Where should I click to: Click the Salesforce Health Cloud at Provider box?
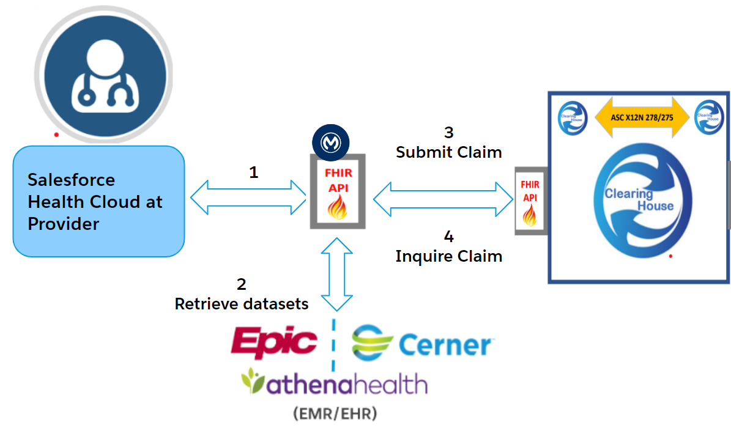click(x=98, y=201)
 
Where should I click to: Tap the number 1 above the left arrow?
click(x=253, y=172)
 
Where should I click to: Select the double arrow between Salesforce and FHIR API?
click(x=248, y=197)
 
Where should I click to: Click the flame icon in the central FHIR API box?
click(x=337, y=208)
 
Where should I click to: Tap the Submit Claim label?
click(x=448, y=152)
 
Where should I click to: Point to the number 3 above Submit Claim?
click(x=448, y=132)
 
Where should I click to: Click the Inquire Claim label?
click(x=448, y=256)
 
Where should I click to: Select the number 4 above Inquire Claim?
click(x=448, y=237)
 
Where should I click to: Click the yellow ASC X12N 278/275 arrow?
click(x=641, y=116)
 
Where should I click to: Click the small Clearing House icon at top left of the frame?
click(x=573, y=116)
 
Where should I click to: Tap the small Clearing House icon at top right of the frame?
click(x=708, y=115)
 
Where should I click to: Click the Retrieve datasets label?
click(x=241, y=303)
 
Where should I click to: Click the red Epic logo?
click(x=273, y=343)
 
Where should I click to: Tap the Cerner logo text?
click(x=445, y=345)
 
